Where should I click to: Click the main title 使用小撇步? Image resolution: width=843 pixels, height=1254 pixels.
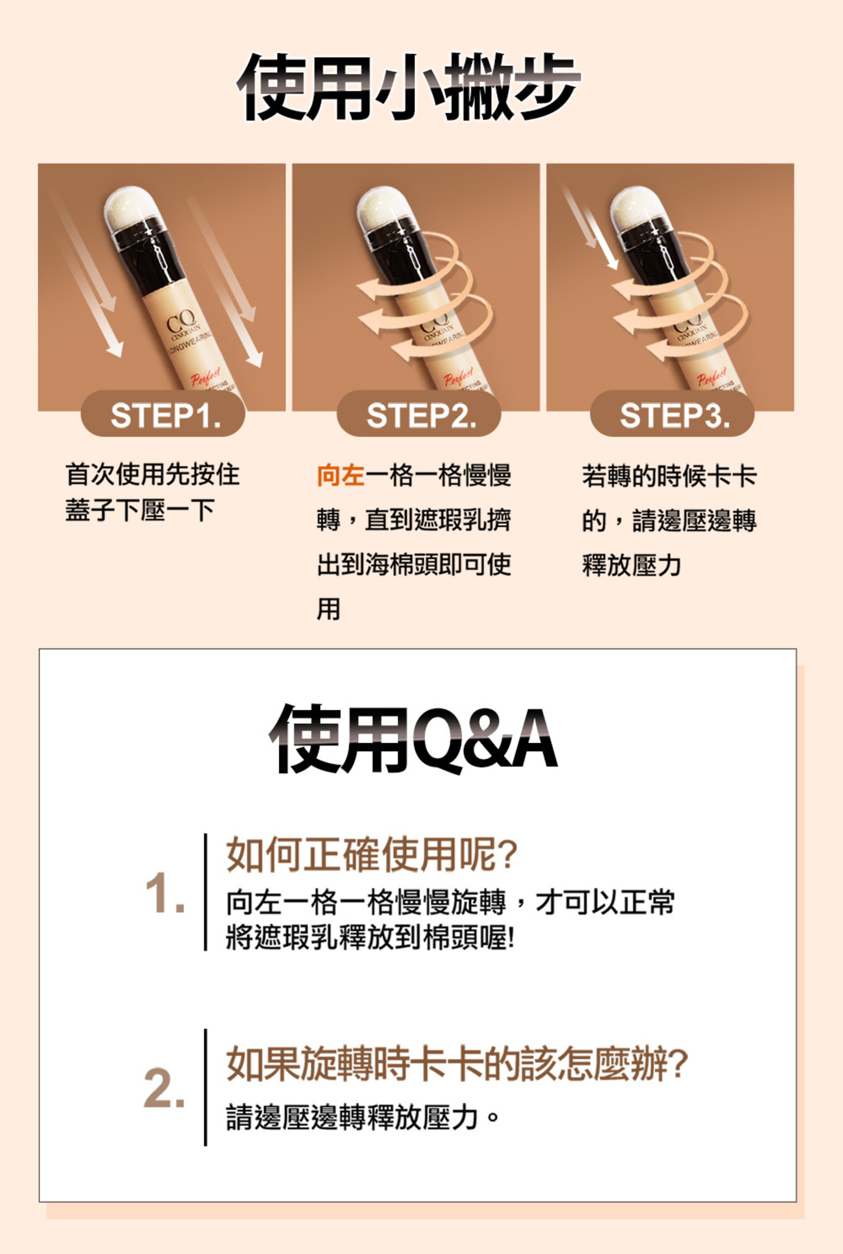click(x=409, y=87)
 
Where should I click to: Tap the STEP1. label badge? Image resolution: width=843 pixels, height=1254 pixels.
click(x=163, y=415)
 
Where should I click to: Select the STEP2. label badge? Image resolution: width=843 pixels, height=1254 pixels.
click(x=419, y=415)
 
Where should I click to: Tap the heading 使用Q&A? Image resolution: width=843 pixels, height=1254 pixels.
click(x=413, y=739)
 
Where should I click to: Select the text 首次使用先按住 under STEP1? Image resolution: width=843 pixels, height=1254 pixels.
click(x=153, y=474)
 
